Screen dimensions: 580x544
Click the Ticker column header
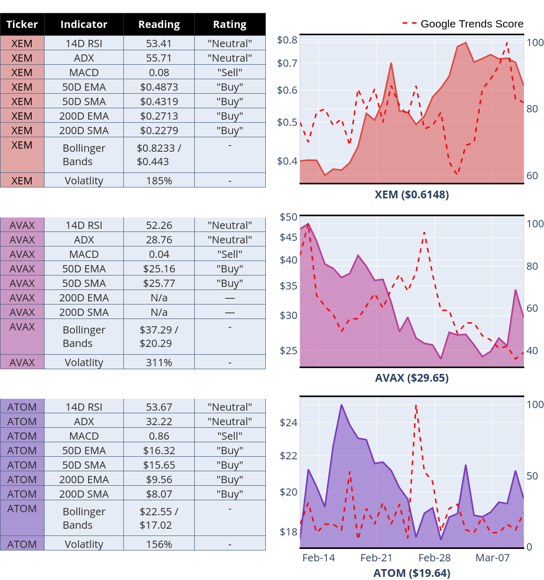point(22,24)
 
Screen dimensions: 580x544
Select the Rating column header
point(230,24)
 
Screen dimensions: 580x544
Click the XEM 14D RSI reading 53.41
point(159,44)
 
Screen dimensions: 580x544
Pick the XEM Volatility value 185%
point(159,181)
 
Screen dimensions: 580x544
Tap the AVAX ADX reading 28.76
point(159,240)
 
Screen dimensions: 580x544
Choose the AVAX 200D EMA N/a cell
point(159,298)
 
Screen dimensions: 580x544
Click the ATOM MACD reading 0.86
point(159,436)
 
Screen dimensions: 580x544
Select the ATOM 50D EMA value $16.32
point(159,451)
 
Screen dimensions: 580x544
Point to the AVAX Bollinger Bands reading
point(159,336)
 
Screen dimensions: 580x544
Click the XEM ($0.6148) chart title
point(412,195)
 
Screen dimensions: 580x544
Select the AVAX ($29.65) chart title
point(412,378)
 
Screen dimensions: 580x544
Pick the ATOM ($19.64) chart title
point(412,573)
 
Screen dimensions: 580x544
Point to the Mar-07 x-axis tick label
point(493,558)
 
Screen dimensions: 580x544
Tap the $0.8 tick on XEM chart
point(287,40)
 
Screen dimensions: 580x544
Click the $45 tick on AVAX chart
point(288,237)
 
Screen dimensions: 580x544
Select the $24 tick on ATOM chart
point(288,423)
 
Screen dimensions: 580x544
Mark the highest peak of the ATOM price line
point(341,405)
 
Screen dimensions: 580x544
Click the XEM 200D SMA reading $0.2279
point(159,130)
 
